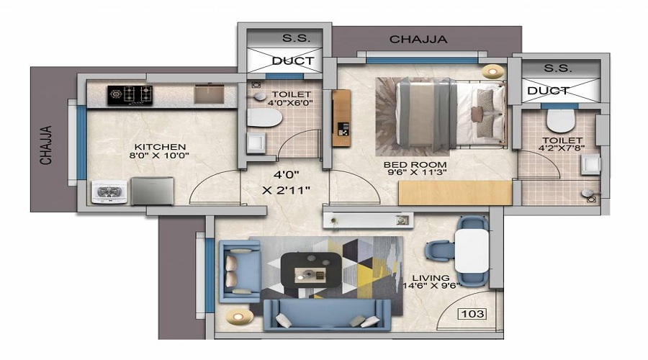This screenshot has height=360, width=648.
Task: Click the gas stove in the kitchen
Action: (x=130, y=95)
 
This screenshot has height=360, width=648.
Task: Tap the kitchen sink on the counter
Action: (x=209, y=94)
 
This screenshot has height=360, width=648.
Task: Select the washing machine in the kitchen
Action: (x=108, y=192)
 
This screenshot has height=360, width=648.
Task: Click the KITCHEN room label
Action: (x=160, y=147)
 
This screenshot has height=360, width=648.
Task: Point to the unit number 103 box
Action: (x=472, y=314)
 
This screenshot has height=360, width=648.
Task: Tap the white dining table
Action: (x=472, y=251)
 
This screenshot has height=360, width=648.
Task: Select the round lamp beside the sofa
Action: (x=239, y=317)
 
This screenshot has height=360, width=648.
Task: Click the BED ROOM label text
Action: (x=415, y=164)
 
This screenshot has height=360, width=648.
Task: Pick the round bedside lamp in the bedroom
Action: (x=492, y=71)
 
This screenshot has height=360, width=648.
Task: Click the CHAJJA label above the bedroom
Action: (x=418, y=40)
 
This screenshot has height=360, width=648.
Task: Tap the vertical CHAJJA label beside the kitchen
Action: (x=46, y=145)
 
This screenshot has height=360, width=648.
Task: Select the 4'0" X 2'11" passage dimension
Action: (x=286, y=182)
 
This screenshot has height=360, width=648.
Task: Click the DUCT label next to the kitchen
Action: (x=293, y=60)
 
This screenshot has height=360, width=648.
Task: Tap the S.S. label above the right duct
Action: (x=558, y=68)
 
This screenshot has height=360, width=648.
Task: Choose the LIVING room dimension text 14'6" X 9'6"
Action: (x=431, y=285)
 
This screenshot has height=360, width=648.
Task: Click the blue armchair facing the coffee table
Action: (x=240, y=271)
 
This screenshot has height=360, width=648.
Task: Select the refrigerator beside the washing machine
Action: (x=152, y=191)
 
